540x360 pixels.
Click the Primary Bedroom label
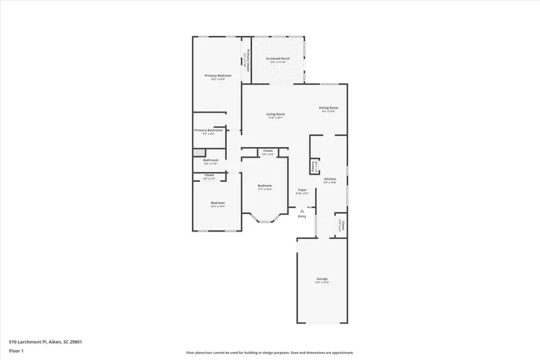(218, 76)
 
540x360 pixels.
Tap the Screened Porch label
(278, 58)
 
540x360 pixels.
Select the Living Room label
(276, 114)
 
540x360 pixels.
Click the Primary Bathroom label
(208, 130)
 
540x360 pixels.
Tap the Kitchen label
(330, 179)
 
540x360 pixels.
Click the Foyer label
(302, 190)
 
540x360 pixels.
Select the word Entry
(302, 217)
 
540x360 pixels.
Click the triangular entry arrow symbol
(302, 211)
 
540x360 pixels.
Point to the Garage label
(322, 279)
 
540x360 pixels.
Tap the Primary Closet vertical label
(245, 61)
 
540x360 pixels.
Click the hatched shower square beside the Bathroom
(196, 152)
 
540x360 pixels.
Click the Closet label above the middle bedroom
(268, 151)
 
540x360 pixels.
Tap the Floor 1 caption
(16, 352)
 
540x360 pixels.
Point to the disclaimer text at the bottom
(269, 353)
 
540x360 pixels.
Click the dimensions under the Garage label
(322, 283)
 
